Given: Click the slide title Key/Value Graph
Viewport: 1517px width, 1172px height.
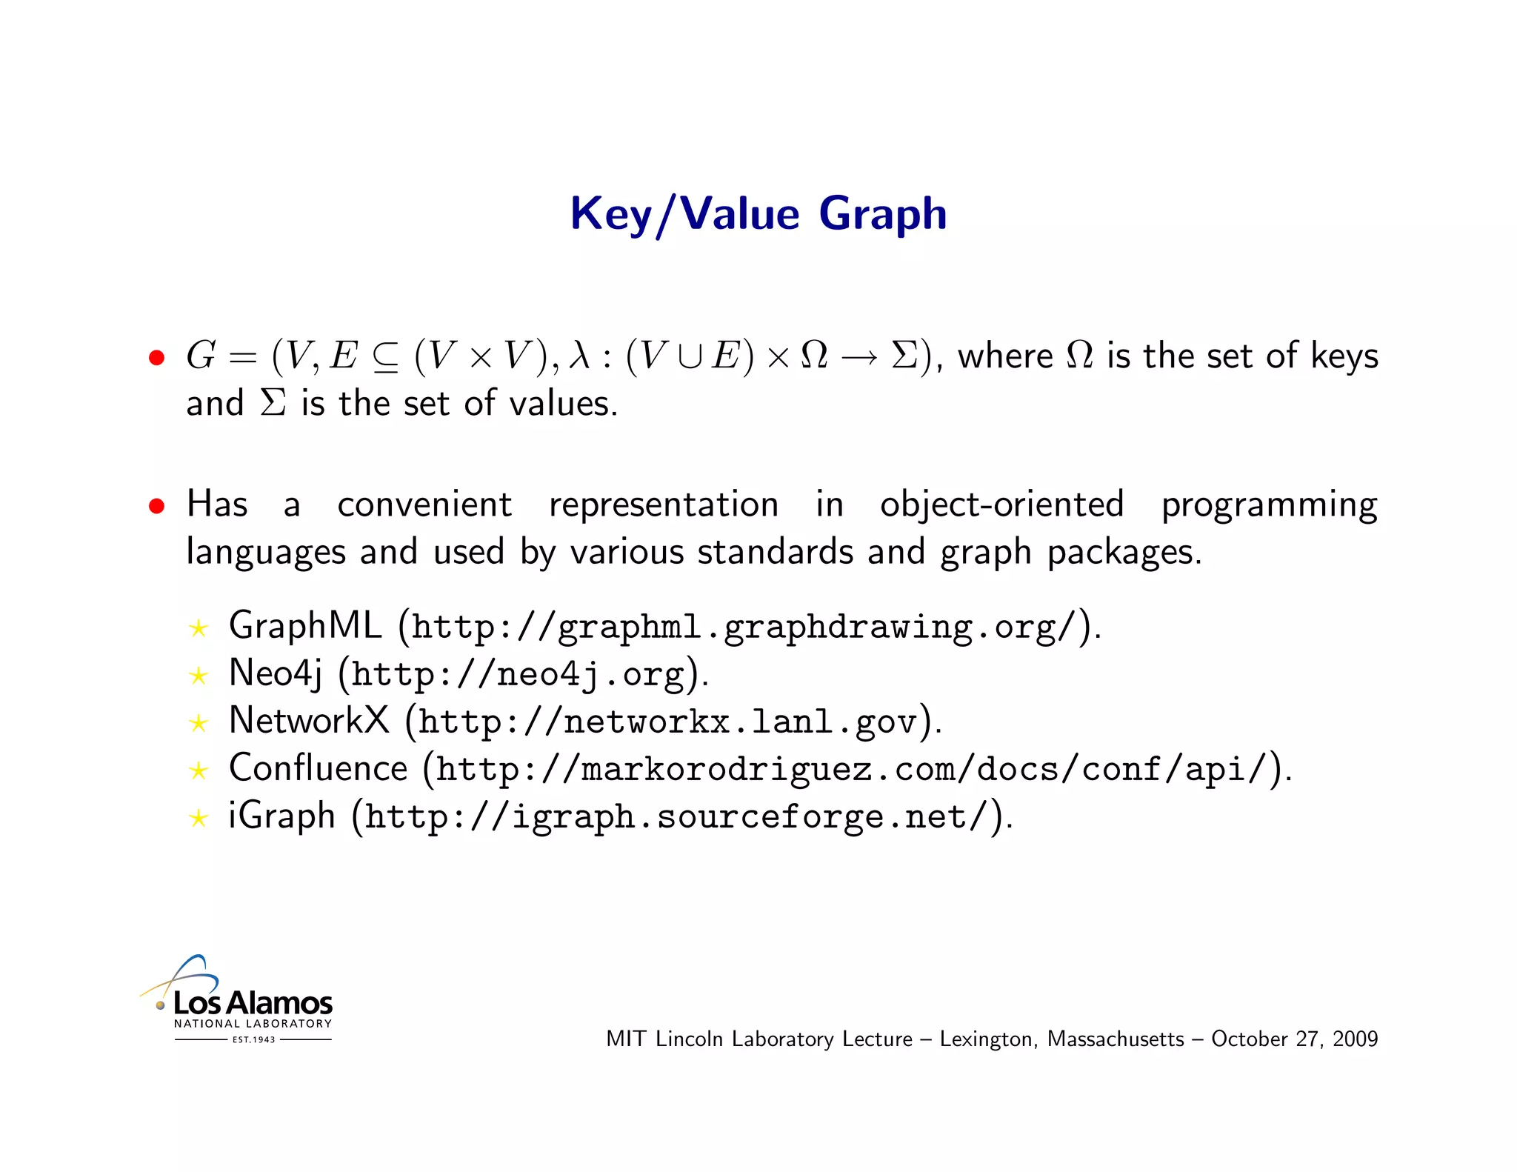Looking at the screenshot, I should tap(758, 214).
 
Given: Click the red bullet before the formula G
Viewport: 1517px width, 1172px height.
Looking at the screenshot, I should tap(156, 359).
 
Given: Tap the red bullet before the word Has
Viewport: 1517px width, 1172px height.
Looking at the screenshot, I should tap(156, 507).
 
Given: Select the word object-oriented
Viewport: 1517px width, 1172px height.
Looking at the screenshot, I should tap(1001, 505).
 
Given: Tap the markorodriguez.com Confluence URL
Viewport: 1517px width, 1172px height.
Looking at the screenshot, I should tap(851, 770).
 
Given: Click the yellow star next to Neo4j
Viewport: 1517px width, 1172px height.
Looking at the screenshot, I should tap(199, 676).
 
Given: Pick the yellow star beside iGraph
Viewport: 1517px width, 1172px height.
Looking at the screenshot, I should tap(199, 818).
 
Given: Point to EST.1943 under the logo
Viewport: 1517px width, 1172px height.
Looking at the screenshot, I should tap(253, 1039).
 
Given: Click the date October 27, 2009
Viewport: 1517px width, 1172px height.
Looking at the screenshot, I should tap(1294, 1039).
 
